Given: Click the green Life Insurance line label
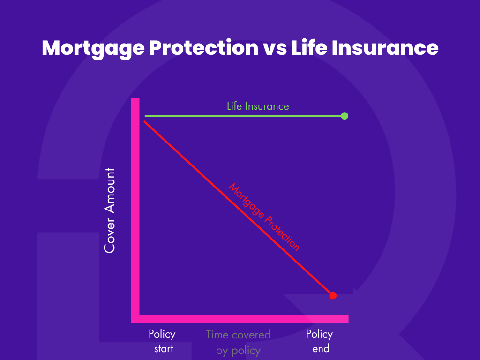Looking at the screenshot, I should (258, 106).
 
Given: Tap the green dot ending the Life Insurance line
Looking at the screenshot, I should (345, 116).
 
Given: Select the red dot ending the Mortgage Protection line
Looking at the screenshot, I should (333, 295).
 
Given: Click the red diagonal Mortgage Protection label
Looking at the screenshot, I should (263, 217).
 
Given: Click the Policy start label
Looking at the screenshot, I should (162, 341).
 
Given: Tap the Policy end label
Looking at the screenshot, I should (319, 341).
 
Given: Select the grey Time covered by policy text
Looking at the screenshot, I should (238, 342).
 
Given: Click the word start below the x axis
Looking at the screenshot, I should (164, 348).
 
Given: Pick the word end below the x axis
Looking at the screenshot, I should (321, 348).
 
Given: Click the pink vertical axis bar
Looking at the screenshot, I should (135, 206).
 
